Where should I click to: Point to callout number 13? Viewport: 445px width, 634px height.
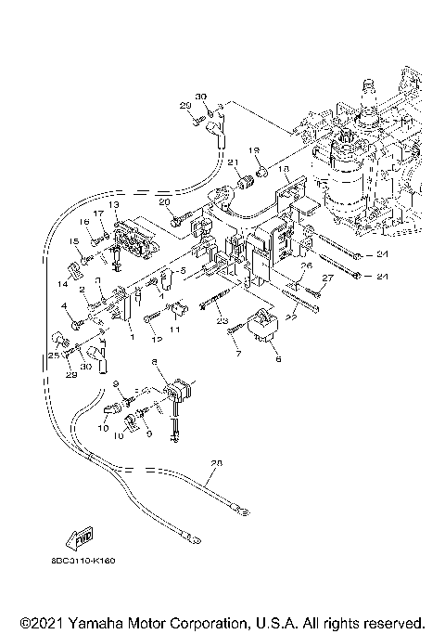click(x=114, y=204)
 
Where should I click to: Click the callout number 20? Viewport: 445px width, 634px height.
click(x=163, y=201)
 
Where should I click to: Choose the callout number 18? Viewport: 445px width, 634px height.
click(x=286, y=170)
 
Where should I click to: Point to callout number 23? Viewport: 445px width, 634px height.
click(x=222, y=321)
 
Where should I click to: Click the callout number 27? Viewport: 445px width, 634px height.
click(x=325, y=278)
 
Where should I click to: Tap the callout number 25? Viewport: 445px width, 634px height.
click(x=53, y=354)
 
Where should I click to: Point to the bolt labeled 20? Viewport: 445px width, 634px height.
click(x=181, y=221)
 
